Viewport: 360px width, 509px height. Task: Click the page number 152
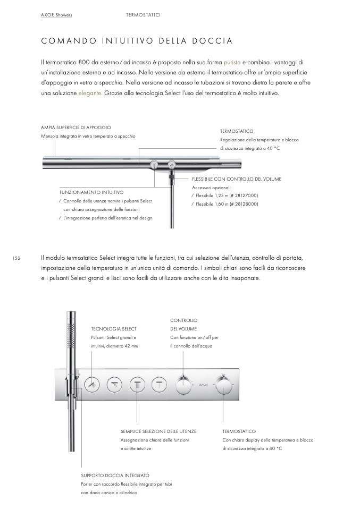point(16,258)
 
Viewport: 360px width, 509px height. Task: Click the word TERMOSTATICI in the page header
point(143,15)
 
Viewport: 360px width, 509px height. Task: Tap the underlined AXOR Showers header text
point(56,15)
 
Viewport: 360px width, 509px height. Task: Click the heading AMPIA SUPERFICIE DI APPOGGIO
point(76,128)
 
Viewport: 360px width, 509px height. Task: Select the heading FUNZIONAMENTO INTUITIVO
point(91,192)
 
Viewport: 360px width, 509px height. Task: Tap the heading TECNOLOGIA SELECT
point(114,329)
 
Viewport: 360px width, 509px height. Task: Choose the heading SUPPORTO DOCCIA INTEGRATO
point(115,475)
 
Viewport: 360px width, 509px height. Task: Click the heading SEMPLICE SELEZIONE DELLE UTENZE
point(159,431)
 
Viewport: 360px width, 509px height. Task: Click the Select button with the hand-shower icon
point(92,384)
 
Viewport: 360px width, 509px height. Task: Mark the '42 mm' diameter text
point(130,346)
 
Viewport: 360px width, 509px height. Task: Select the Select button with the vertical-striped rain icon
point(138,384)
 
